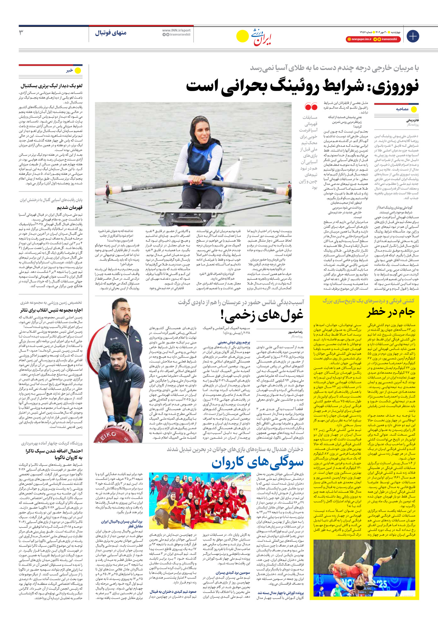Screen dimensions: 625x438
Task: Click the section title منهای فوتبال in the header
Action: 110,33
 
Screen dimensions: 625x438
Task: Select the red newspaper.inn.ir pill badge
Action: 358,40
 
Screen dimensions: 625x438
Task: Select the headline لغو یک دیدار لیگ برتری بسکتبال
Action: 52,85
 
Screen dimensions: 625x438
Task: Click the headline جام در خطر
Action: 391,312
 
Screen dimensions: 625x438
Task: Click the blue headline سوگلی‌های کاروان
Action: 258,463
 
